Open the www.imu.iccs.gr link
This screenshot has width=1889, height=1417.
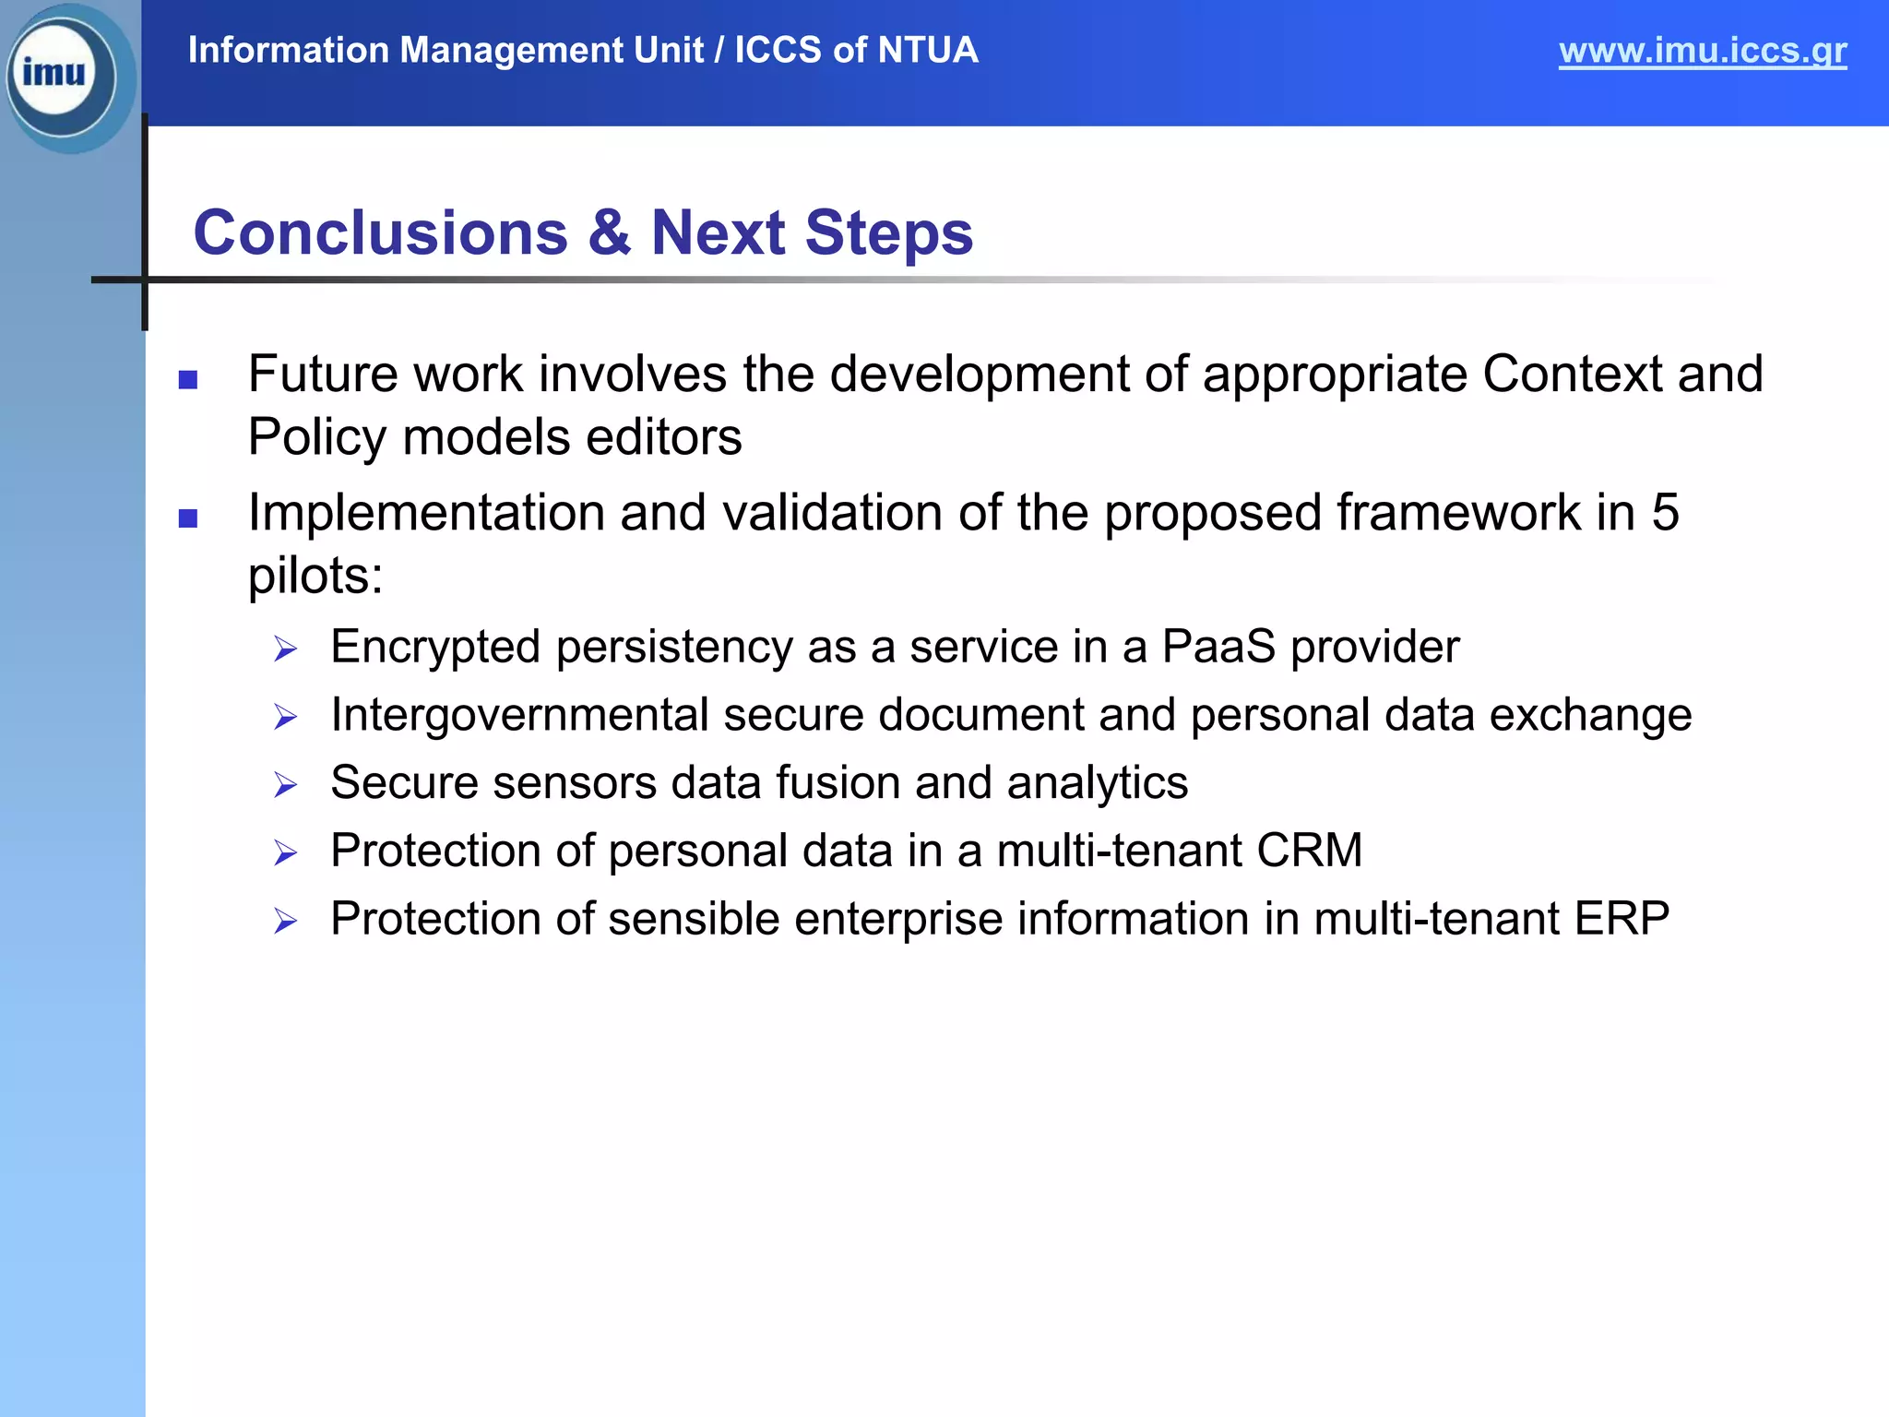point(1702,51)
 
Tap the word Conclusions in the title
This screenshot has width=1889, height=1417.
point(380,232)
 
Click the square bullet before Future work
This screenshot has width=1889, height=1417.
point(188,380)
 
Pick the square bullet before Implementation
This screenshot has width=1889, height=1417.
point(188,518)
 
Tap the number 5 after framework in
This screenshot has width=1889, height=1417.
point(1665,513)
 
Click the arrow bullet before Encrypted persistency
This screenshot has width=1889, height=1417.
point(285,649)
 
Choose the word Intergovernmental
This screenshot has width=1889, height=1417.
point(519,715)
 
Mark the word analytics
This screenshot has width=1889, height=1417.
point(1097,783)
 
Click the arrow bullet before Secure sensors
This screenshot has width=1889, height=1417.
point(285,786)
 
